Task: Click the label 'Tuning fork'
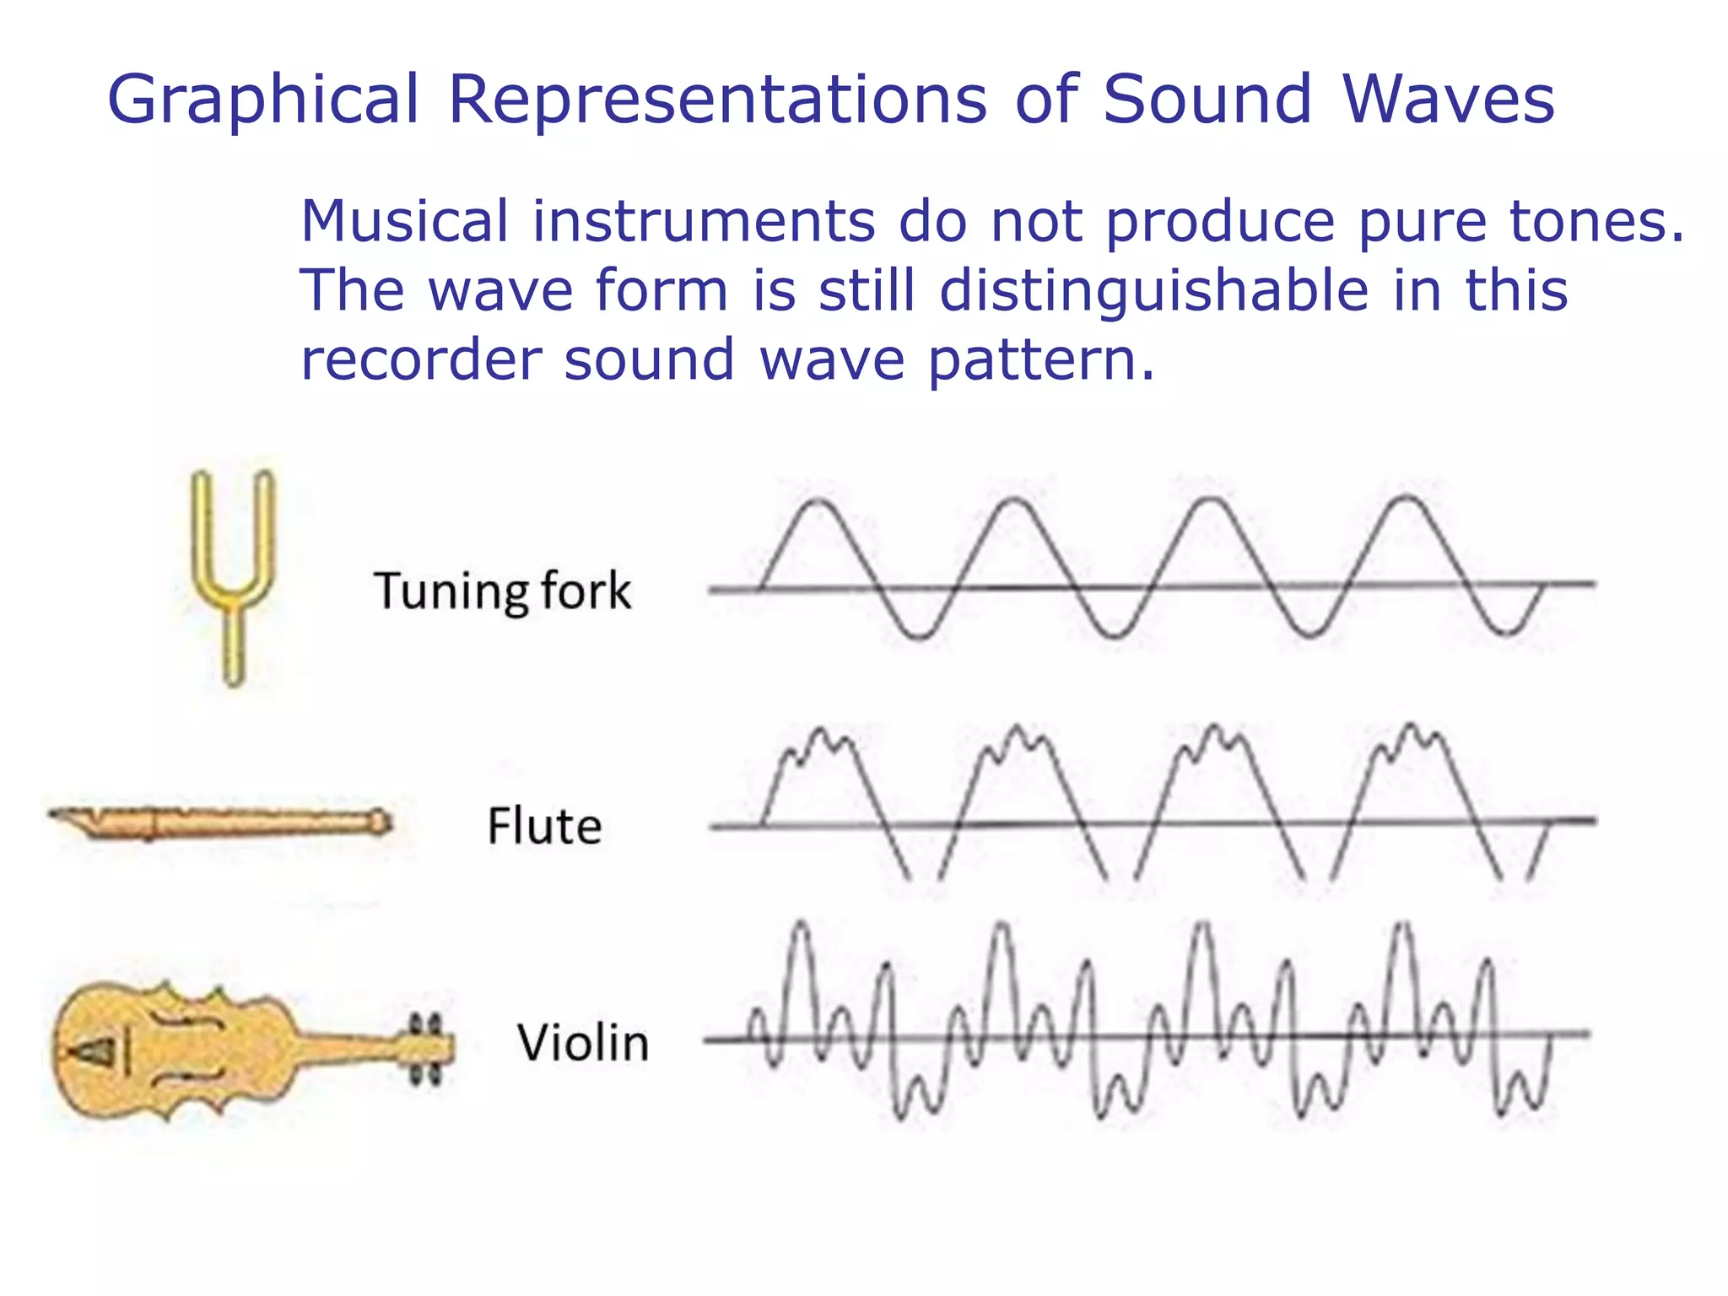pos(502,591)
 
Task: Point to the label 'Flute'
pos(544,825)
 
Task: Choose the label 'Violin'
pos(583,1043)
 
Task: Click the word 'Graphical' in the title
pos(263,100)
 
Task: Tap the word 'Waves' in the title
pos(1448,100)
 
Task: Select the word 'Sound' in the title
pos(1207,100)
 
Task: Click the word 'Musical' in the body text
pos(404,221)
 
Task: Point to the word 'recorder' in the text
pos(420,359)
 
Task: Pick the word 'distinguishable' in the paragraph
pos(1153,290)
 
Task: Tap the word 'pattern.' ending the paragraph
pos(1041,361)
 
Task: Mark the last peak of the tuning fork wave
pos(1407,499)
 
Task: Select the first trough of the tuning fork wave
pos(920,636)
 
